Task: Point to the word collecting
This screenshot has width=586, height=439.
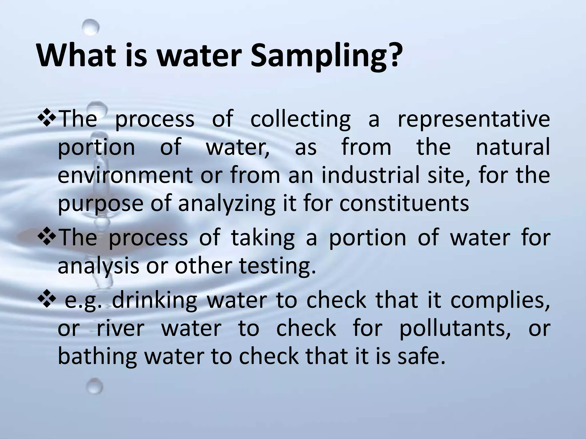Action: click(x=300, y=119)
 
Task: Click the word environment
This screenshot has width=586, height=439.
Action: click(x=126, y=175)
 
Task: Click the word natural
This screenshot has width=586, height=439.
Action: click(x=512, y=147)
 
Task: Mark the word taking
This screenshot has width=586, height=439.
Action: click(x=263, y=238)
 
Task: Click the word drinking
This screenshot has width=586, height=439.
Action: click(x=155, y=301)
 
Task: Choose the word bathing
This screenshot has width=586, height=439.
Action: click(x=97, y=357)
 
